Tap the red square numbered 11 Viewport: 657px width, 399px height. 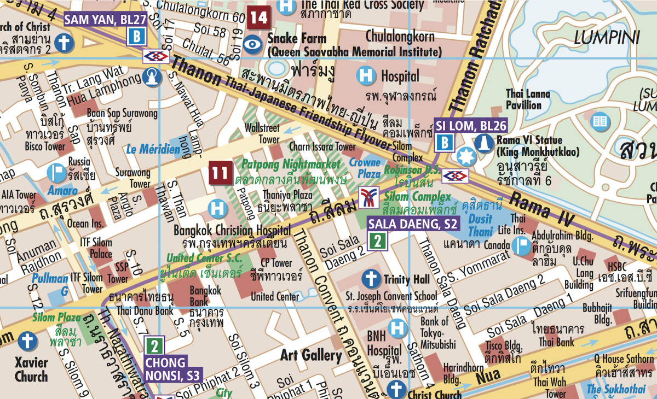tap(221, 174)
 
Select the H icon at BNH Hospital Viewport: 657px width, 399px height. tap(399, 328)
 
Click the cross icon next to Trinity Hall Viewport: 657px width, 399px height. tap(371, 279)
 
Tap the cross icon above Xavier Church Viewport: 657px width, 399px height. tap(26, 342)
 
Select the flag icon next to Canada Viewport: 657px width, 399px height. tap(520, 245)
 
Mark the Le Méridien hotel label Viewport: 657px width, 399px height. tap(153, 149)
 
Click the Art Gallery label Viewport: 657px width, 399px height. tap(311, 356)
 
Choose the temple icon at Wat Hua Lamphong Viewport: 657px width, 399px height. tap(154, 78)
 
